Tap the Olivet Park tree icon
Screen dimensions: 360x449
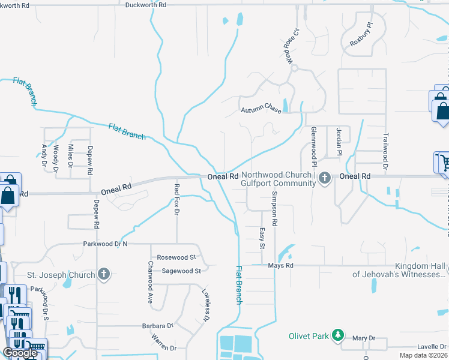[x=339, y=335]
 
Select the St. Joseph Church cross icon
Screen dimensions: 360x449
[x=104, y=275]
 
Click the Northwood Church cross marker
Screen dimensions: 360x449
[x=325, y=178]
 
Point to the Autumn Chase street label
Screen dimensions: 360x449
[x=261, y=110]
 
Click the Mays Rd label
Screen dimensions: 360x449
[x=280, y=265]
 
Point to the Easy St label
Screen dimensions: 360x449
[x=262, y=238]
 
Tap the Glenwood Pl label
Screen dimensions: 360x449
[x=313, y=147]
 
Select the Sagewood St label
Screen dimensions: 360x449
[x=181, y=271]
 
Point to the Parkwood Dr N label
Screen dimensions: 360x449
[x=106, y=244]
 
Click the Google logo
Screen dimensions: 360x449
[x=20, y=353]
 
